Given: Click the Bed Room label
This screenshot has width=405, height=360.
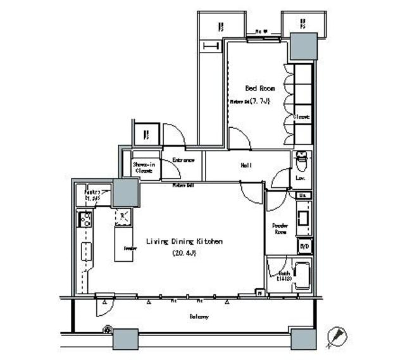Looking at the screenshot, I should click(260, 88).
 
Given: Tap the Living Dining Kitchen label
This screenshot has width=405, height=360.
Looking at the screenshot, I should click(184, 242).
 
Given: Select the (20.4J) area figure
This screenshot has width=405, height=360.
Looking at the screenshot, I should click(185, 253).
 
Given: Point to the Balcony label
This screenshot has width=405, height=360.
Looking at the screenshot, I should click(198, 317).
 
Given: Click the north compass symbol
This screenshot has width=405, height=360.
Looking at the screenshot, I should click(337, 337).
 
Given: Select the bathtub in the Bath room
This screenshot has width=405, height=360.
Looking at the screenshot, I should click(301, 276).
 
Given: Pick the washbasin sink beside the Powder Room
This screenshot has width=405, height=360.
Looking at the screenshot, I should click(303, 218).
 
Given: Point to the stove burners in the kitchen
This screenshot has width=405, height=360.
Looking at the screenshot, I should click(86, 219).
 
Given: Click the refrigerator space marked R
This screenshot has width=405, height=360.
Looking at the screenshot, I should click(123, 217).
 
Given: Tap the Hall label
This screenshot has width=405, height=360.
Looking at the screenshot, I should click(246, 166).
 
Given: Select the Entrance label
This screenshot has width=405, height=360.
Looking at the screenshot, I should click(184, 160).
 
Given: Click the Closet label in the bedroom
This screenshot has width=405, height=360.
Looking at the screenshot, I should click(302, 117).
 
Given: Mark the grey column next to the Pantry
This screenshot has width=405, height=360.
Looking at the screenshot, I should click(126, 192).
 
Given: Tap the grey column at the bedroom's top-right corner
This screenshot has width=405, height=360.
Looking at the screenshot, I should click(303, 46).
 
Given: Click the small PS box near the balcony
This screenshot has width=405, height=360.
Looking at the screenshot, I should click(260, 292).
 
